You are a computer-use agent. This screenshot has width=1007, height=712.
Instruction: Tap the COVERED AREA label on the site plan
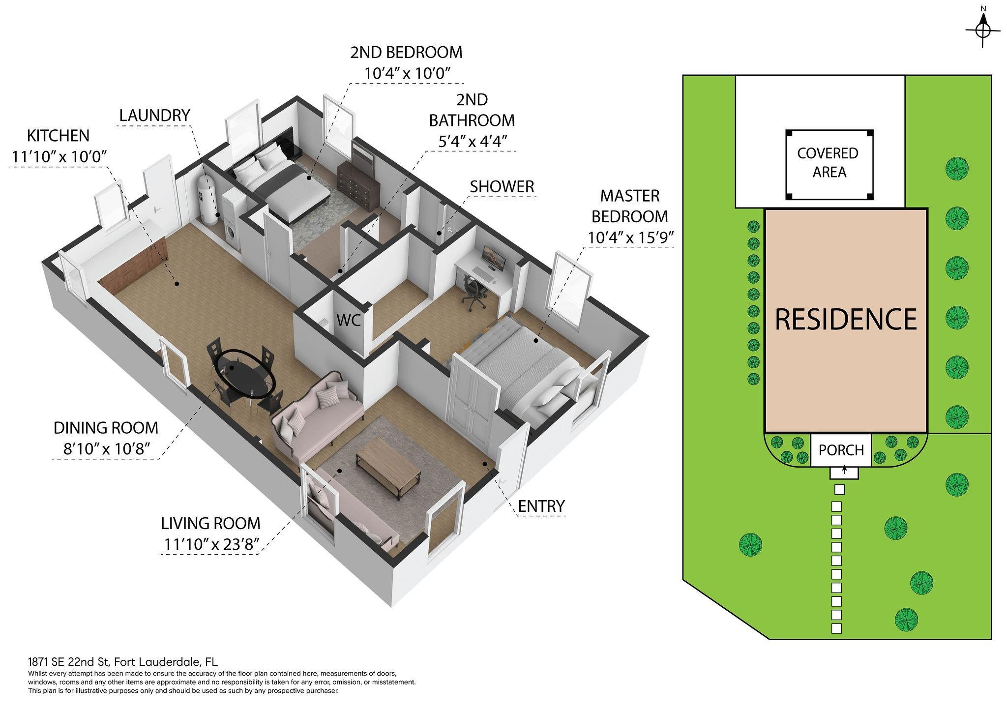pos(829,163)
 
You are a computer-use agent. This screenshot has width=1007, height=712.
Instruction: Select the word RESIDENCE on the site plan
pos(846,319)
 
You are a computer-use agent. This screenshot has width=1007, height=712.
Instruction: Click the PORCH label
pos(841,450)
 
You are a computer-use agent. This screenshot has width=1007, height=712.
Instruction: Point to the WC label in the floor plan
pos(349,321)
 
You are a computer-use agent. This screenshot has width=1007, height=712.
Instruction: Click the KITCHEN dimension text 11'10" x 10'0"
pos(59,156)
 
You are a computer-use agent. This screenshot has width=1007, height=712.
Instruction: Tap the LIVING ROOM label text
pos(210,523)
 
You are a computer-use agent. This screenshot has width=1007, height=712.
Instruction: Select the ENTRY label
pos(541,505)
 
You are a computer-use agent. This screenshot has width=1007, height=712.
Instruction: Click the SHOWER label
pos(502,187)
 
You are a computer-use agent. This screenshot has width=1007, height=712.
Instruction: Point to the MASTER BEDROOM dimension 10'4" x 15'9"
pos(630,237)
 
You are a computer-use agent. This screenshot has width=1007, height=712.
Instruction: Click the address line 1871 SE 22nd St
pos(71,661)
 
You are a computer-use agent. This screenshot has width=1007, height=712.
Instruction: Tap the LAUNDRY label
pos(155,116)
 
